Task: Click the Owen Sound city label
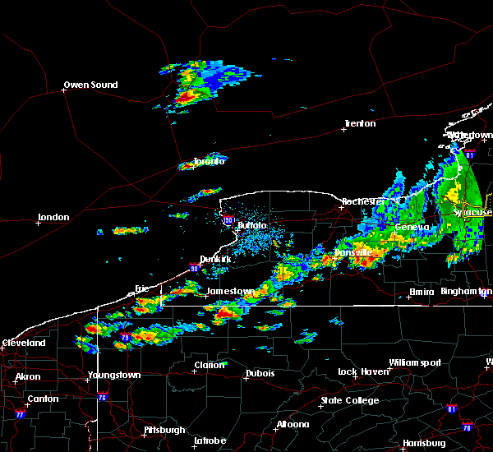[x=91, y=85]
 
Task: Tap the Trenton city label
[x=360, y=124]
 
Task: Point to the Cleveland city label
[x=22, y=343]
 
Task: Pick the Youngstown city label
[x=114, y=375]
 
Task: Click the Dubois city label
[x=259, y=374]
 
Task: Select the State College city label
[x=350, y=400]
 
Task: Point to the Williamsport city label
[x=415, y=362]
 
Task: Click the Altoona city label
[x=293, y=424]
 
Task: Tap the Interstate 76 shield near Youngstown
[x=103, y=397]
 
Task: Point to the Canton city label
[x=43, y=399]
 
